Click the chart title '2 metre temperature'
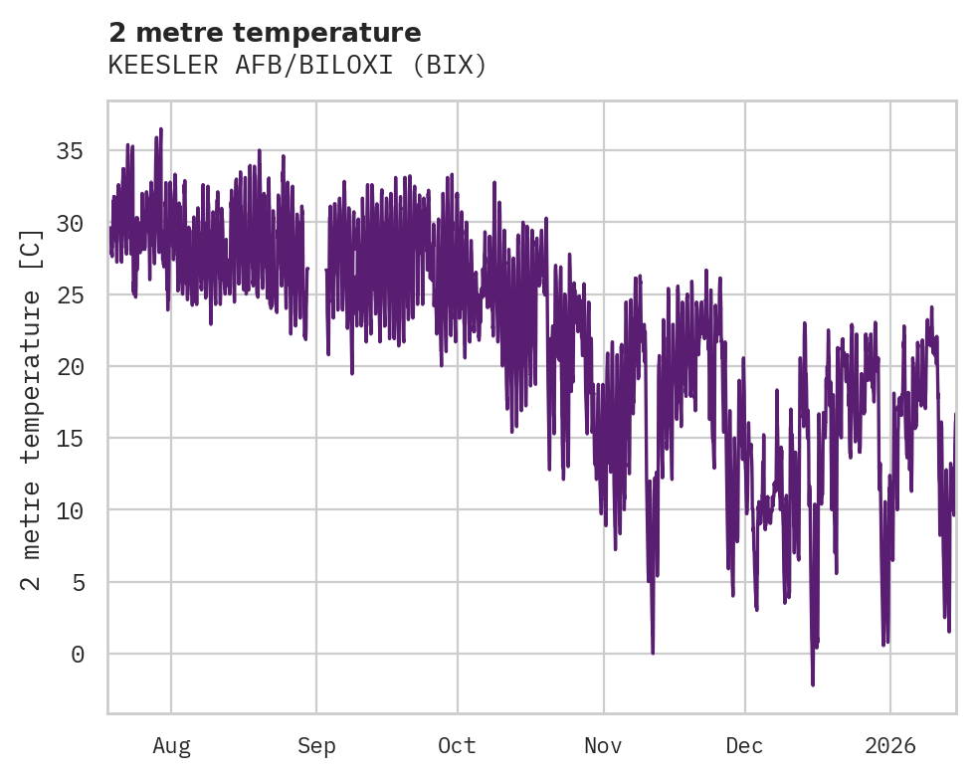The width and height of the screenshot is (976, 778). click(265, 32)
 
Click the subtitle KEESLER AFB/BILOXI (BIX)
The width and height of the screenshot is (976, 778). click(297, 66)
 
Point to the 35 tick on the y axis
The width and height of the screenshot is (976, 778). click(69, 151)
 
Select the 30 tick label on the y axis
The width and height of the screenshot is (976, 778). click(69, 223)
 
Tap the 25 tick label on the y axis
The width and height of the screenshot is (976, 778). click(69, 295)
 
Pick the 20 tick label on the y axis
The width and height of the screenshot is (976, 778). click(69, 367)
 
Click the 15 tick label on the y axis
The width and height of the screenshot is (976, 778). click(69, 439)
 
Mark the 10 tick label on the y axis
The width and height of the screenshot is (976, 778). click(69, 510)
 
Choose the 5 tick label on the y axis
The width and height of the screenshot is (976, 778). click(76, 582)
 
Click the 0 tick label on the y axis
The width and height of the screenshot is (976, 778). click(76, 654)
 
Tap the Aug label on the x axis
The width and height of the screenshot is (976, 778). click(171, 745)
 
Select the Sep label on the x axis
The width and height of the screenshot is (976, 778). click(316, 745)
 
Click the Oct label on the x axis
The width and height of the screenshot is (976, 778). click(457, 745)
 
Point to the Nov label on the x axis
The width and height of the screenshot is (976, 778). click(603, 745)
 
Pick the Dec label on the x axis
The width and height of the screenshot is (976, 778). click(744, 745)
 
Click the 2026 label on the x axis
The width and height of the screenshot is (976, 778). click(889, 745)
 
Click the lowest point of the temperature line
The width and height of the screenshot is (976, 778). click(813, 684)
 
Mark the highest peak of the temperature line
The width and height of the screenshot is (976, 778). click(160, 129)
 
